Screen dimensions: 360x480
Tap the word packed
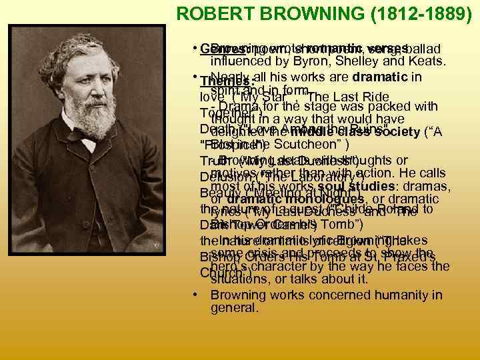point(392,106)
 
